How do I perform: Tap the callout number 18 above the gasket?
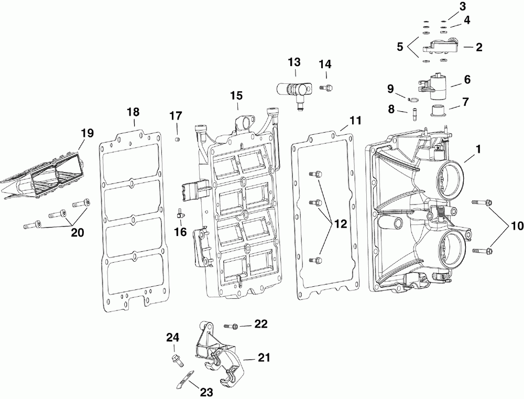[133, 112]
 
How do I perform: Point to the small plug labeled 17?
[177, 138]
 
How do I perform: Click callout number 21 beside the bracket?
[264, 359]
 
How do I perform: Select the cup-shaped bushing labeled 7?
[436, 111]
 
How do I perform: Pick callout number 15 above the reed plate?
[237, 95]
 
